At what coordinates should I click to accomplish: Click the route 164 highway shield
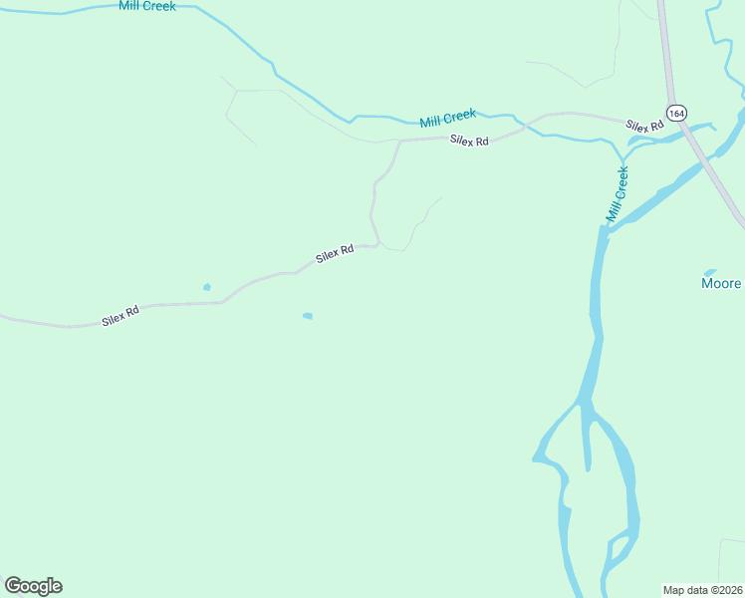pyautogui.click(x=677, y=113)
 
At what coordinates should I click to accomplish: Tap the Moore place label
pyautogui.click(x=721, y=284)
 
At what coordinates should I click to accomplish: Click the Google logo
pyautogui.click(x=33, y=586)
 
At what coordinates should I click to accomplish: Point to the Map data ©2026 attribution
pyautogui.click(x=702, y=590)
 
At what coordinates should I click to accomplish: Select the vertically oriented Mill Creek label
pyautogui.click(x=619, y=194)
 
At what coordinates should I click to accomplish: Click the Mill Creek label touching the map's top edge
pyautogui.click(x=146, y=6)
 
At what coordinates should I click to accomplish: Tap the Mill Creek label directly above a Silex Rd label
pyautogui.click(x=448, y=120)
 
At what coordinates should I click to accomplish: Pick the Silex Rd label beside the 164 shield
pyautogui.click(x=644, y=127)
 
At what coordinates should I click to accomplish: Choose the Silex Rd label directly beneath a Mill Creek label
pyautogui.click(x=469, y=142)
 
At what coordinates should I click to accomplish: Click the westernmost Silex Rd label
pyautogui.click(x=120, y=317)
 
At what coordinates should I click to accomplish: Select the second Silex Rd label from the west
pyautogui.click(x=335, y=254)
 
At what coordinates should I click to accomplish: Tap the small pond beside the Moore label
pyautogui.click(x=710, y=271)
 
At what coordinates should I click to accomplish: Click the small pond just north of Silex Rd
pyautogui.click(x=207, y=287)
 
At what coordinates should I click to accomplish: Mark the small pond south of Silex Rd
pyautogui.click(x=308, y=316)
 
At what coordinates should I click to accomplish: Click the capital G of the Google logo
pyautogui.click(x=13, y=586)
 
